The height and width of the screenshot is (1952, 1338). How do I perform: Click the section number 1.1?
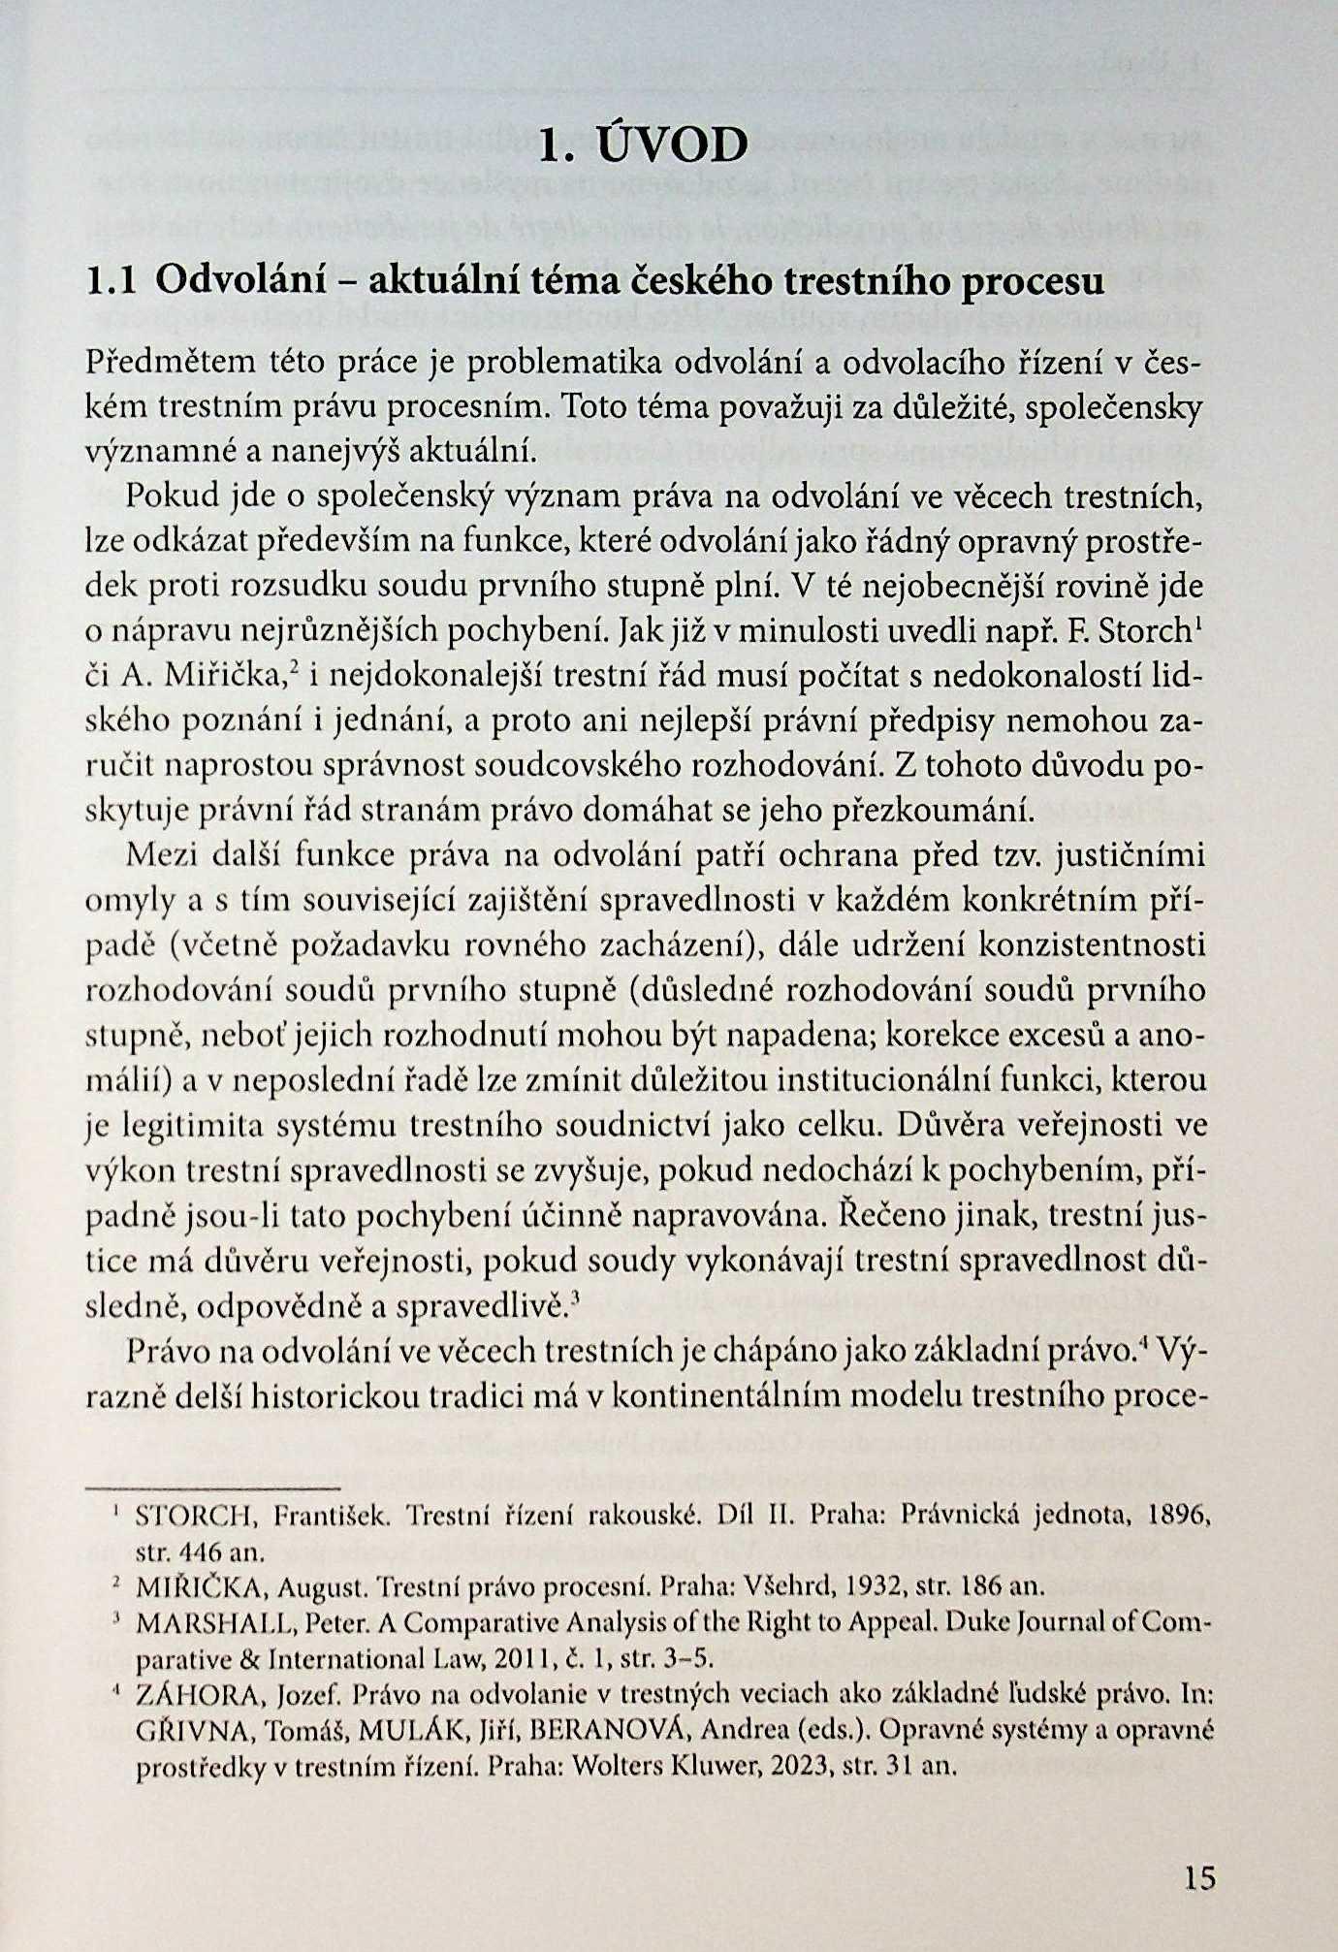coord(111,281)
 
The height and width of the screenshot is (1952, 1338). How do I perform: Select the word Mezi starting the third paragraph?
coord(161,856)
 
